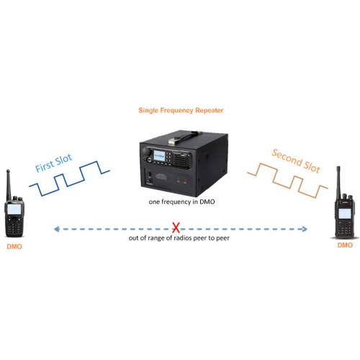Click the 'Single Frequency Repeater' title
[181, 110]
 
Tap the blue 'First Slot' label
[53, 163]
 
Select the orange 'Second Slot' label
[296, 161]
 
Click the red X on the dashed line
[176, 228]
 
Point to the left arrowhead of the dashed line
[57, 229]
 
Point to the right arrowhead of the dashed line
[305, 229]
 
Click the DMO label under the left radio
[14, 246]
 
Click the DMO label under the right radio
[345, 245]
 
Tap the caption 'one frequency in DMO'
[181, 202]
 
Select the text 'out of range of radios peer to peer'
[179, 238]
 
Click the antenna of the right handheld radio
[339, 182]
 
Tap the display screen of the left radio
[14, 210]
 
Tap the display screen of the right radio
[345, 213]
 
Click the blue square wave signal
[69, 179]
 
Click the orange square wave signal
[287, 181]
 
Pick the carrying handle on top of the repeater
[183, 138]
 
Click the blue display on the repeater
[159, 156]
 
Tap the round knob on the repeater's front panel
[146, 151]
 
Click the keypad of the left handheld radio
[14, 226]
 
